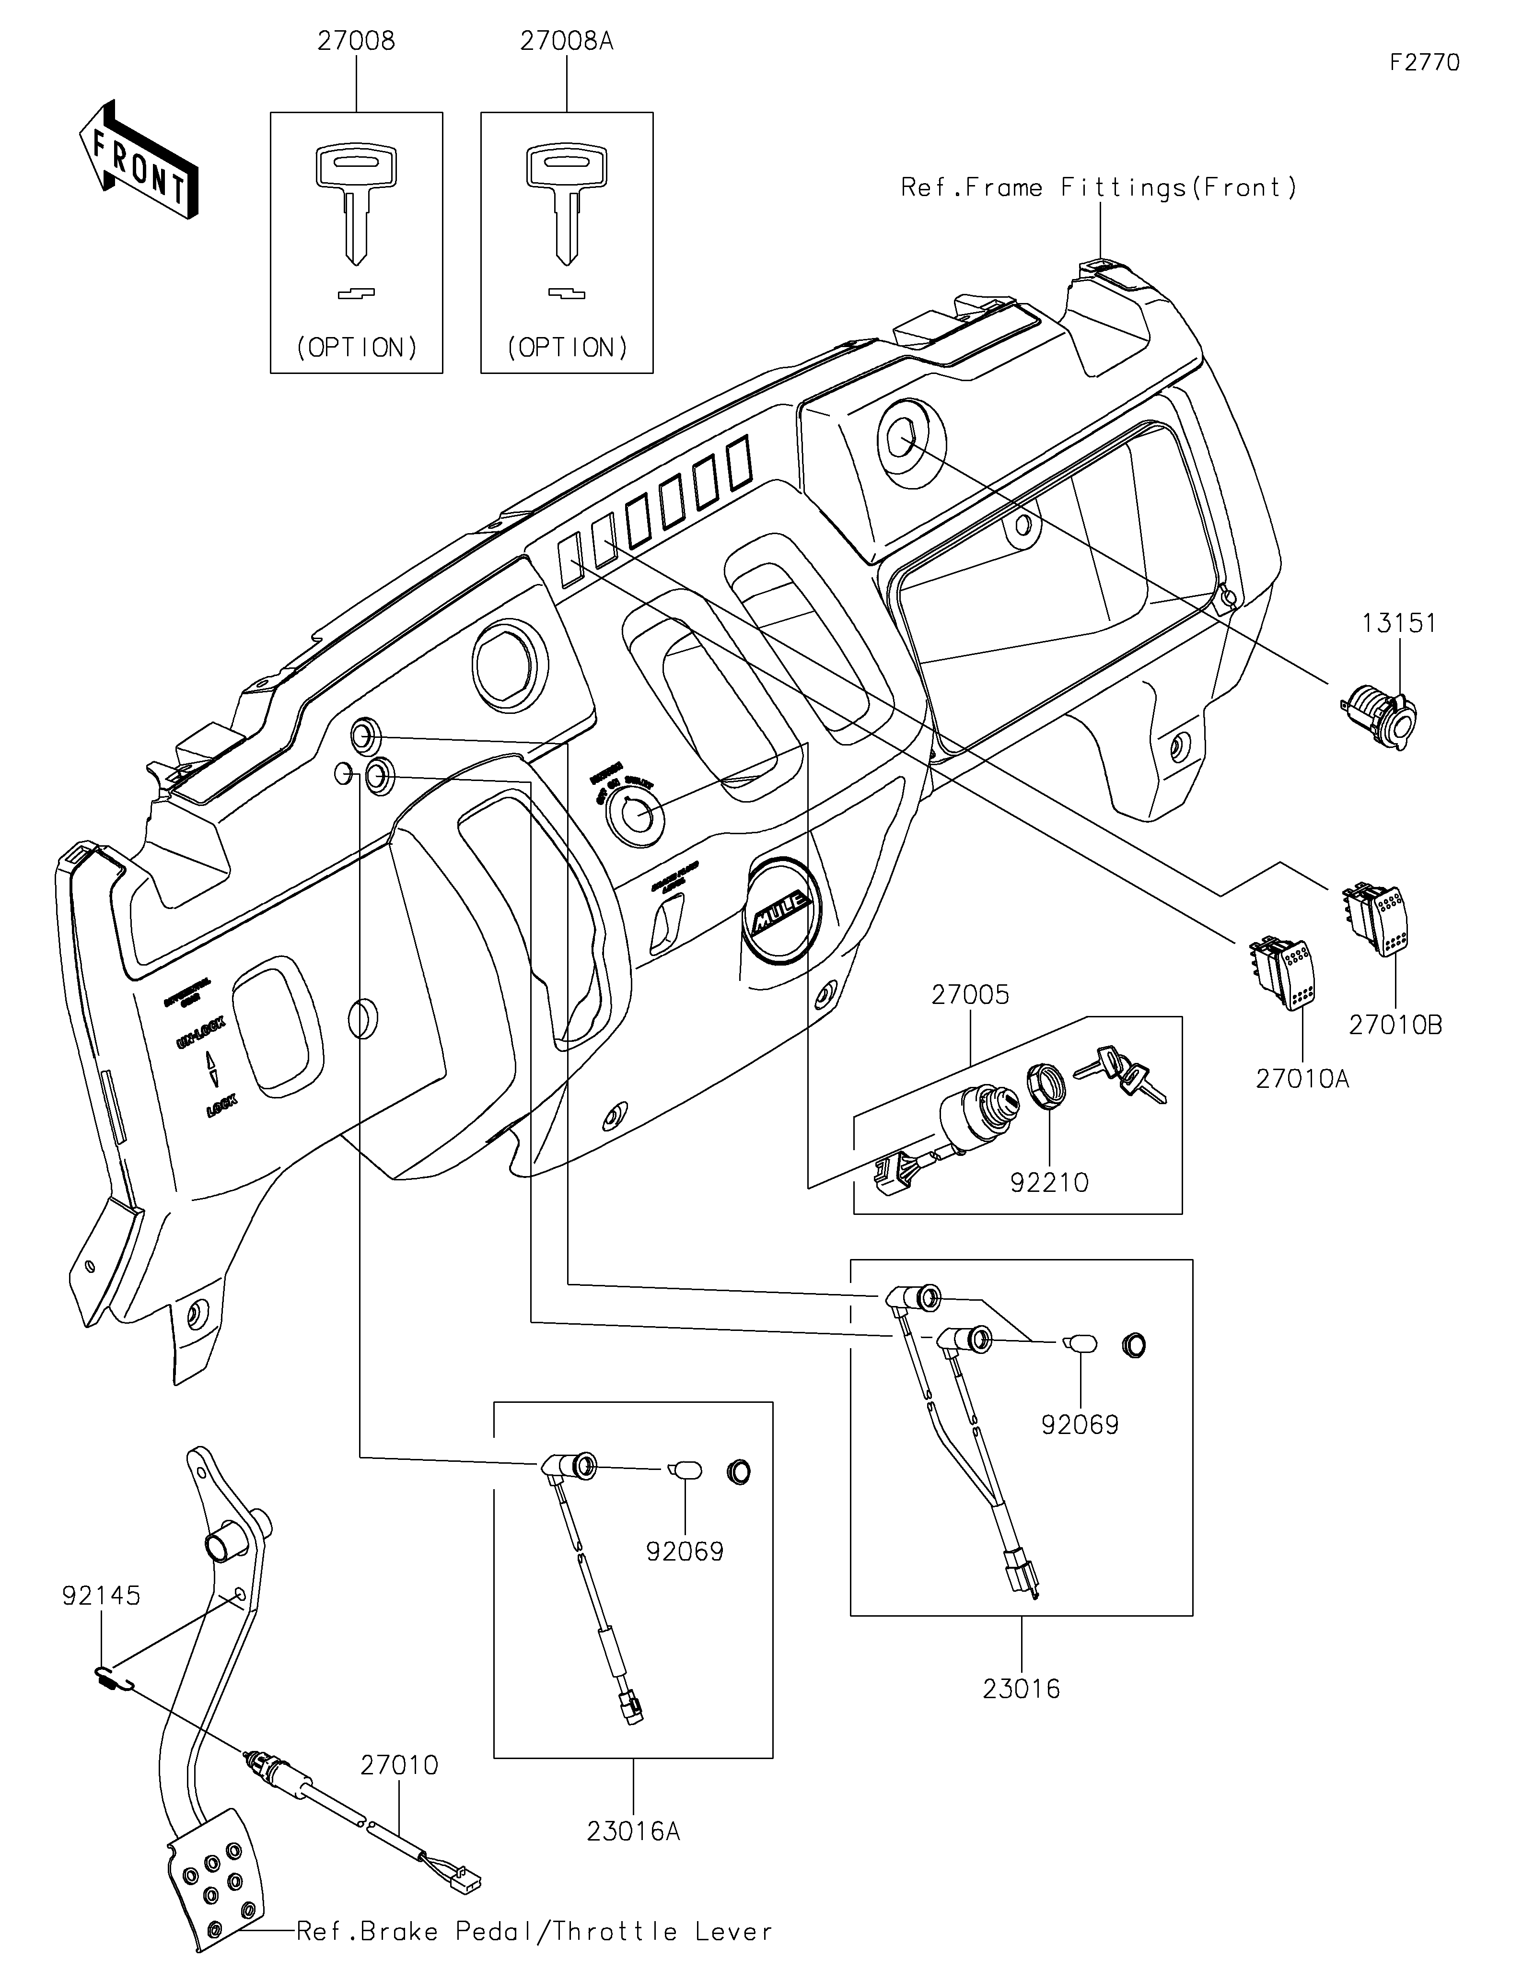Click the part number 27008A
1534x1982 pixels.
tap(566, 42)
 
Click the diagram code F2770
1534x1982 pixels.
tap(1424, 63)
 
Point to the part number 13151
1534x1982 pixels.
tap(1399, 623)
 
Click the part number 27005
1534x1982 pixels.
tap(970, 995)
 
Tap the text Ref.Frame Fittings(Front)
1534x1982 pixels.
tap(1099, 188)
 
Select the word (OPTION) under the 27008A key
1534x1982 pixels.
tap(567, 348)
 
